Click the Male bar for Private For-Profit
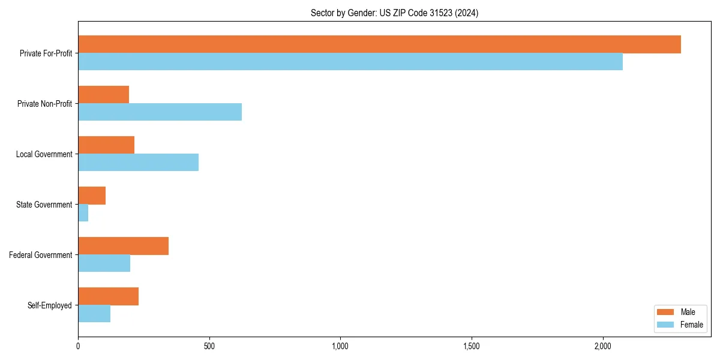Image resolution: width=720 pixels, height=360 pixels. [379, 44]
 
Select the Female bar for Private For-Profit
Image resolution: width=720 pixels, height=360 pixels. [350, 62]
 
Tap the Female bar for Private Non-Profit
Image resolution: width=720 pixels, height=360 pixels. [160, 112]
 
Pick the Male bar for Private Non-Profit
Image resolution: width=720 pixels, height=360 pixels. [103, 95]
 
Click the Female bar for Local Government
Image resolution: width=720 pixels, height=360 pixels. [138, 163]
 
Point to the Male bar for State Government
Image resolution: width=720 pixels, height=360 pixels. [92, 196]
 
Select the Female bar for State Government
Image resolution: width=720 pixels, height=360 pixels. [83, 213]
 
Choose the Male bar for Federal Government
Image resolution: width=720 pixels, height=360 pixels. [123, 246]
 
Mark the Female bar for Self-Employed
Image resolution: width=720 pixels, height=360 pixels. [94, 314]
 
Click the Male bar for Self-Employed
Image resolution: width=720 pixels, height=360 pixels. [108, 296]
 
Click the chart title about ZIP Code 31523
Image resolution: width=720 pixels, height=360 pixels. [394, 13]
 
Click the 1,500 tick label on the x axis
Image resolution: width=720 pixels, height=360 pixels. [471, 346]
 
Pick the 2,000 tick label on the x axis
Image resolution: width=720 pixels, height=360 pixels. [602, 346]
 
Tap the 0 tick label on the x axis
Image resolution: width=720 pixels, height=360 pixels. [78, 346]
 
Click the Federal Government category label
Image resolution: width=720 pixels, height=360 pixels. [41, 255]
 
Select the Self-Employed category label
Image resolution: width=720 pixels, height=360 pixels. [50, 305]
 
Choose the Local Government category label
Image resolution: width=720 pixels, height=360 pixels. [44, 154]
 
